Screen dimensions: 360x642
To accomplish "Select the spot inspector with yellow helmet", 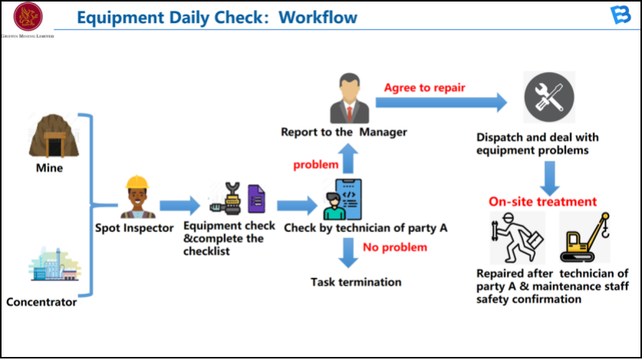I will [x=137, y=197].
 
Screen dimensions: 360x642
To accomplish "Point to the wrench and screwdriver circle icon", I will [x=549, y=99].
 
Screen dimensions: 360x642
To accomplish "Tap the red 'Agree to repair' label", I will [x=424, y=87].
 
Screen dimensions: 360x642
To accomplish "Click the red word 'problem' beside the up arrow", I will [x=316, y=165].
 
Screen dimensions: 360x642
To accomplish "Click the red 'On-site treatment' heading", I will [x=542, y=202].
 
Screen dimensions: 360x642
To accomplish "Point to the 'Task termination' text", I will [x=355, y=282].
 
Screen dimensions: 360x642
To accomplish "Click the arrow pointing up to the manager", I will [x=348, y=160].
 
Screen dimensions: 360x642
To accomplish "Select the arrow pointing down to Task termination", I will [x=349, y=252].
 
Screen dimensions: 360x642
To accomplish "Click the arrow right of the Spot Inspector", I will [x=179, y=205].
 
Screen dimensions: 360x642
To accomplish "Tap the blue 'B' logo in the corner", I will [x=621, y=15].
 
